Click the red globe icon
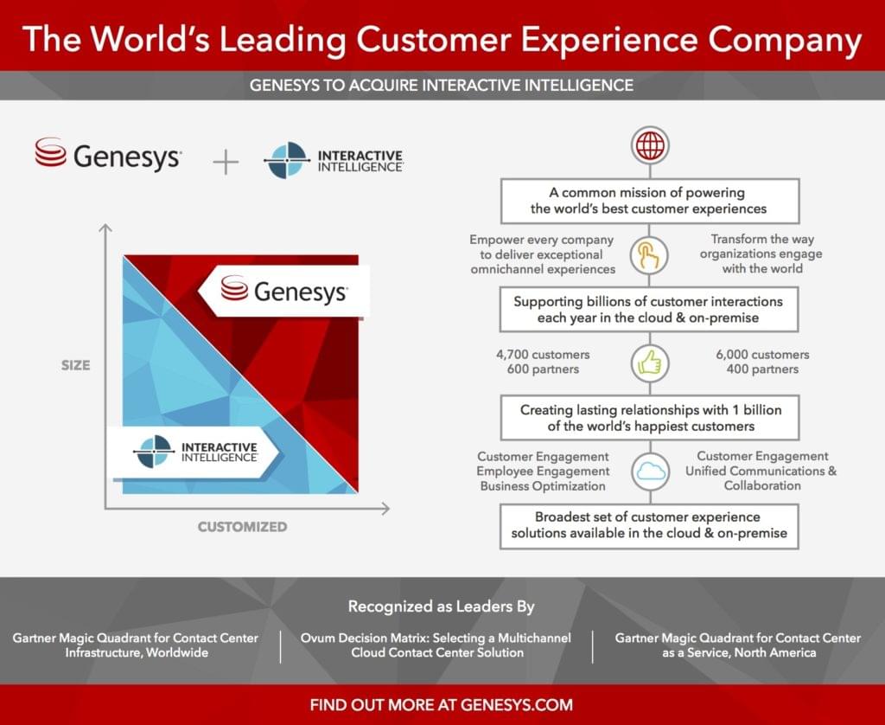pos(650,145)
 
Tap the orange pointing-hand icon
pos(650,255)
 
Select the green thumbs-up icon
pos(650,362)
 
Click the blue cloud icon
pos(650,472)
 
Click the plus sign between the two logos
pos(226,162)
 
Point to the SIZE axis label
pos(76,365)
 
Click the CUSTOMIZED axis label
pos(242,527)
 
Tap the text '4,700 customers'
pos(543,355)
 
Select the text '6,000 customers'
pos(762,355)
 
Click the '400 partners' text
pos(762,369)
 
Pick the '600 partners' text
pos(543,369)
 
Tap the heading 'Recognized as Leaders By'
pos(442,606)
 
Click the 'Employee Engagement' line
pos(543,471)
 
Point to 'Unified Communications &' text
pos(761,471)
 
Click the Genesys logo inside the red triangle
pos(283,291)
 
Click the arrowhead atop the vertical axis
pos(105,228)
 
